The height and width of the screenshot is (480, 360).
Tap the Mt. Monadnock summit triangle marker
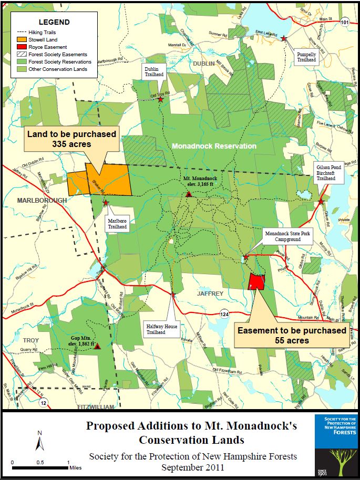point(189,194)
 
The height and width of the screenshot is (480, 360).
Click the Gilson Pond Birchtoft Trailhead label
point(328,172)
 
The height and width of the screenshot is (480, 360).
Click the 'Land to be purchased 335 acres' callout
point(73,139)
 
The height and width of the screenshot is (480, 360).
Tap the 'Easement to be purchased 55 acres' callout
point(292,335)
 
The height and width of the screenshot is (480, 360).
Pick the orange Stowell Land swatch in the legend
point(23,39)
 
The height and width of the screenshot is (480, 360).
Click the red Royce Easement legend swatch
point(23,47)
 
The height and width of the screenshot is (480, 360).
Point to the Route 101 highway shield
point(344,22)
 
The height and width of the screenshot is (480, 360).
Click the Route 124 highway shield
point(225,314)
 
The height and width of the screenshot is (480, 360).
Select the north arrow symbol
point(39,443)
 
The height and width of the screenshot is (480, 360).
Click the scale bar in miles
point(40,466)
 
